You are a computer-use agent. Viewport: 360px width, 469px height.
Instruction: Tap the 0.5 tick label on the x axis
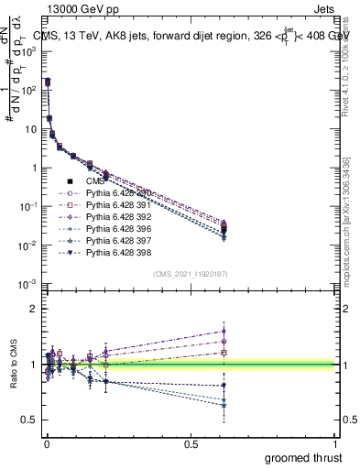pos(191,443)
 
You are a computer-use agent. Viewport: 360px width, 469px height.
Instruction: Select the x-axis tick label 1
pos(337,443)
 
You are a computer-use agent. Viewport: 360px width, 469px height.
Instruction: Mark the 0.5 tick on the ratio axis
pos(32,420)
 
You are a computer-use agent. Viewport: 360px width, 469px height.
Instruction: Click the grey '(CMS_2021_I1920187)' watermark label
pos(191,274)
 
